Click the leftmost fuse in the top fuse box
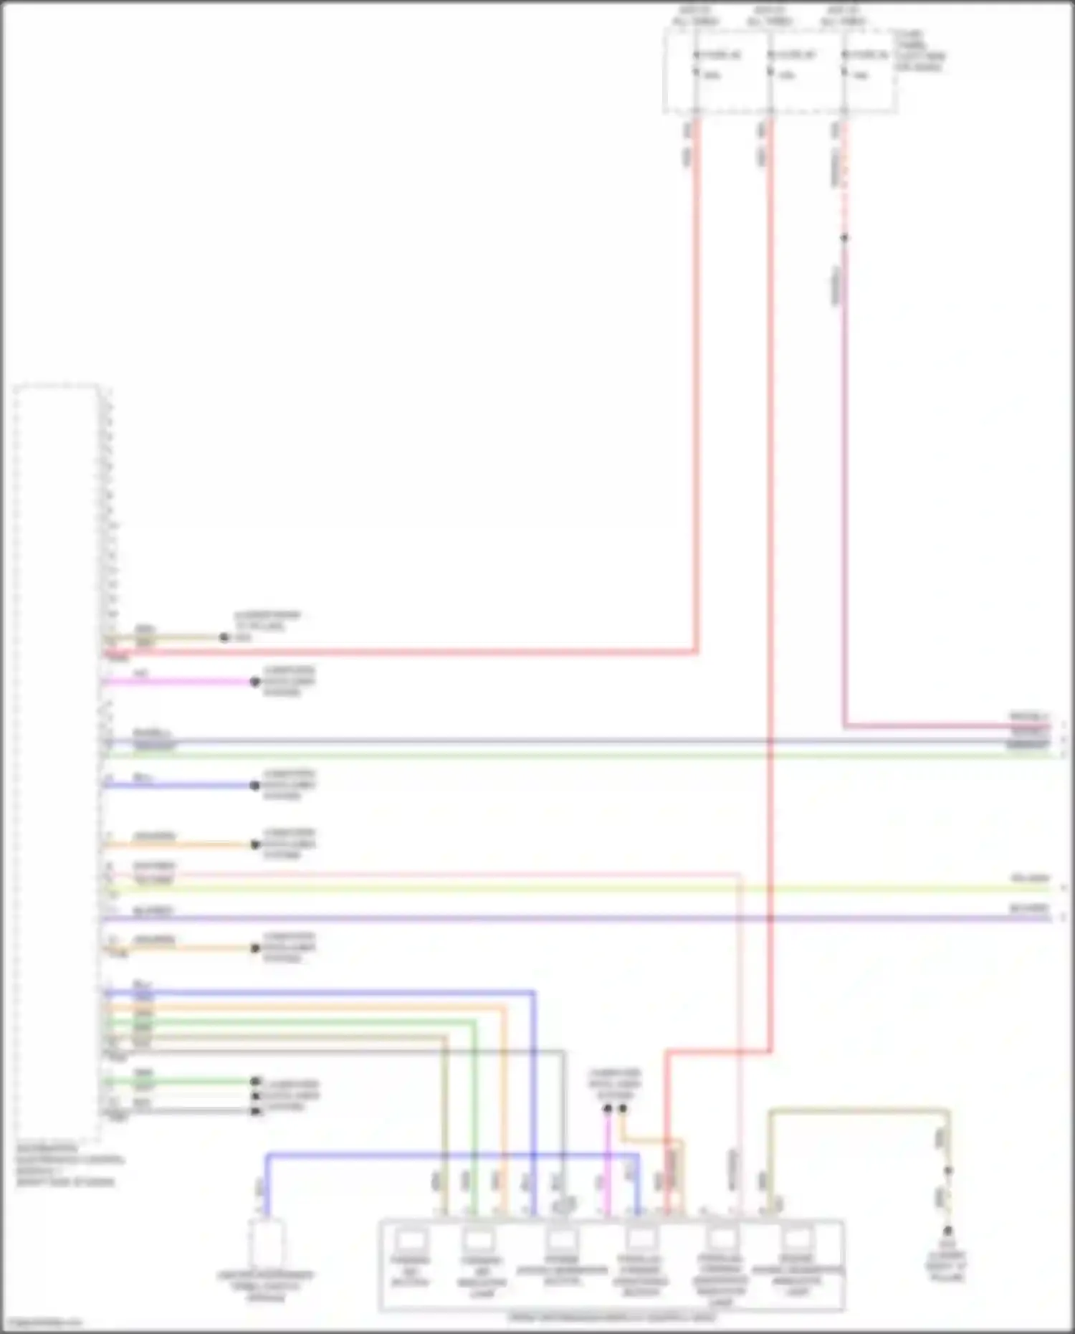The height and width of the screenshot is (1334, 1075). pyautogui.click(x=696, y=65)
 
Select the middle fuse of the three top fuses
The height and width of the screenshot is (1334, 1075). pyautogui.click(x=770, y=65)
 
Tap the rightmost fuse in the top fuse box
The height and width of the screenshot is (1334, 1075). pyautogui.click(x=845, y=65)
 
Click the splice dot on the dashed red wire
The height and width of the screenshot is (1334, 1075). pyautogui.click(x=844, y=237)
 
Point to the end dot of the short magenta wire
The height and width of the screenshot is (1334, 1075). pyautogui.click(x=254, y=682)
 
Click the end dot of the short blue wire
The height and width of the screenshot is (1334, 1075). pyautogui.click(x=254, y=786)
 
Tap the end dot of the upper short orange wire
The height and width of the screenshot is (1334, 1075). pyautogui.click(x=254, y=844)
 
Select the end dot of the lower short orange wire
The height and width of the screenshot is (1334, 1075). pyautogui.click(x=254, y=948)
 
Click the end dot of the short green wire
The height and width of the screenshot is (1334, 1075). pyautogui.click(x=254, y=1081)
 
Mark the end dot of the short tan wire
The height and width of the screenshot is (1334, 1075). pyautogui.click(x=224, y=637)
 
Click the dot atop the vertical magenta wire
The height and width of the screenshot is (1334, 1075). pyautogui.click(x=607, y=1109)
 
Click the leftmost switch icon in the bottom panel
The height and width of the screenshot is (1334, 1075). pyautogui.click(x=409, y=1239)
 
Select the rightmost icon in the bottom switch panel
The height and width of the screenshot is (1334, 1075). pyautogui.click(x=797, y=1239)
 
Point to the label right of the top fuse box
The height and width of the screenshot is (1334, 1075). pyautogui.click(x=919, y=51)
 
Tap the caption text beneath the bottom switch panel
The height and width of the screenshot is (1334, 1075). pyautogui.click(x=611, y=1318)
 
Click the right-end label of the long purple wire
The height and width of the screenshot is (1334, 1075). pyautogui.click(x=1029, y=908)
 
